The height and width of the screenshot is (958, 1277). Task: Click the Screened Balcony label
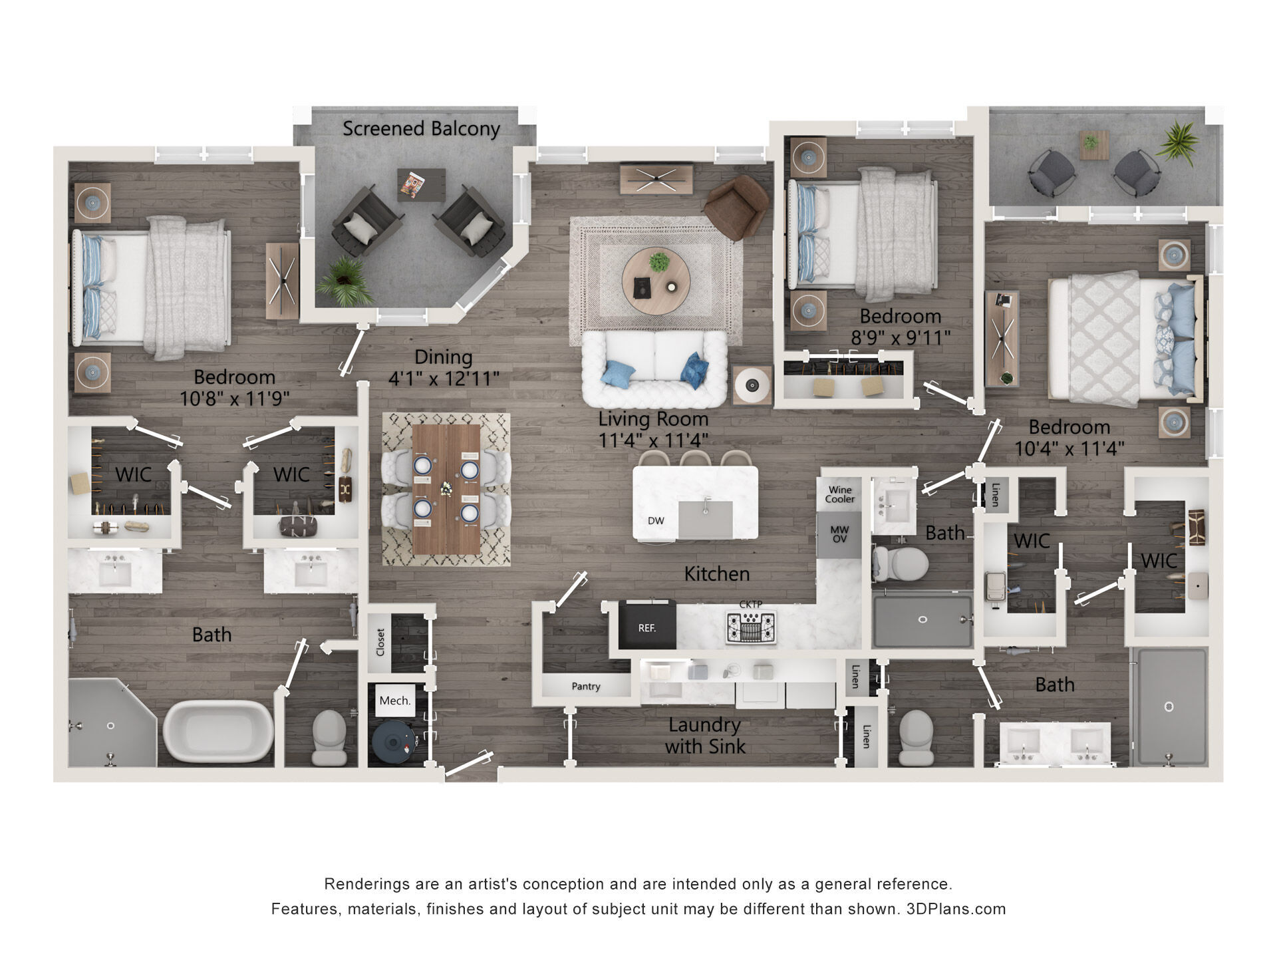point(421,128)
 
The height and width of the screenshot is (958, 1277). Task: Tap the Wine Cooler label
point(839,494)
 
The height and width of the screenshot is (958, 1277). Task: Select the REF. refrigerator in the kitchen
point(646,625)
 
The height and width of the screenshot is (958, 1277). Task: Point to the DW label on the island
point(656,521)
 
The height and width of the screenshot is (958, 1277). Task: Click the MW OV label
point(839,534)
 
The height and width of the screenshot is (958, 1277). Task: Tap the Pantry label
point(585,687)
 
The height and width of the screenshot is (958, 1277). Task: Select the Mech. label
point(395,701)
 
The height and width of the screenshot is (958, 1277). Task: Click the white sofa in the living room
point(654,369)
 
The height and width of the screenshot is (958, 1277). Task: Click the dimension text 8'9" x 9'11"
point(901,338)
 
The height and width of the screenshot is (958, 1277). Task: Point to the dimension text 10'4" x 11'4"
point(1069,448)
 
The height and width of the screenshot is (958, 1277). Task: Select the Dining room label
point(444,357)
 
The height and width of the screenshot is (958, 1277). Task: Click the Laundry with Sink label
point(705,735)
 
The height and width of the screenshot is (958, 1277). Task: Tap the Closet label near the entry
point(380,642)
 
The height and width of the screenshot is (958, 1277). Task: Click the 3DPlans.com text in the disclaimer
point(956,909)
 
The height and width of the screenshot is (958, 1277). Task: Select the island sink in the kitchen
point(706,520)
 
